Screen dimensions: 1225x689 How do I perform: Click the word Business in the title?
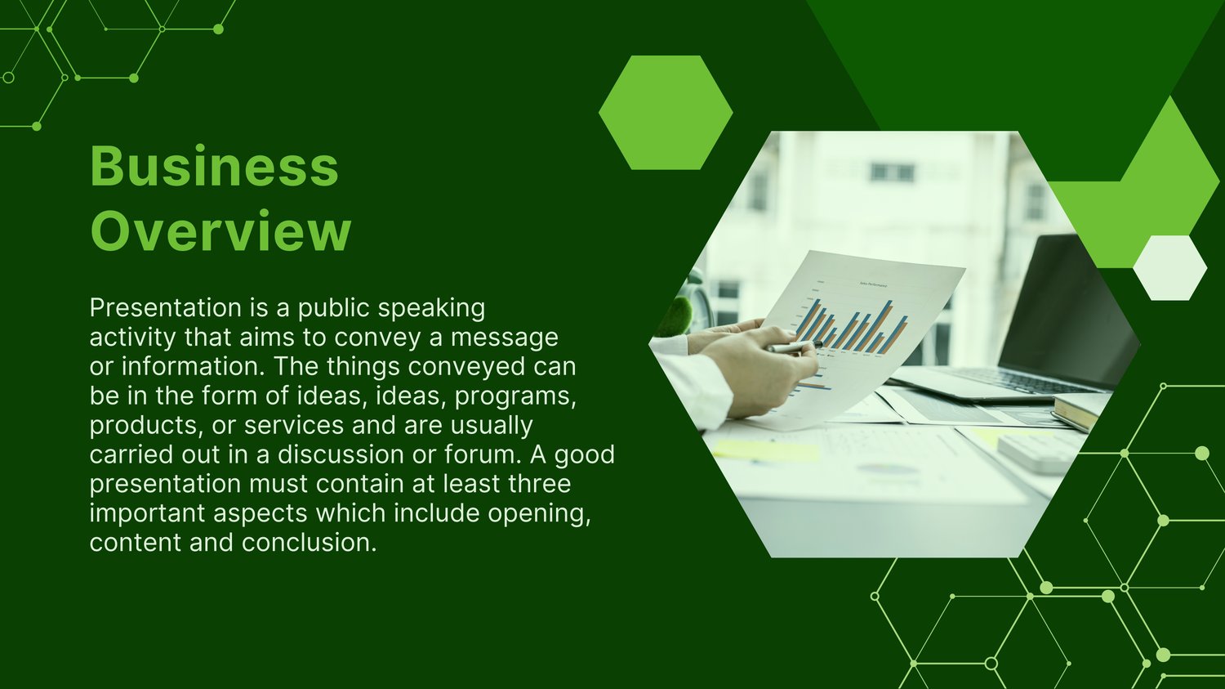point(214,166)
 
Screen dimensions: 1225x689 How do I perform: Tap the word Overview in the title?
point(220,231)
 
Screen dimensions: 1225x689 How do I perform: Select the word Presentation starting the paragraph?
point(165,308)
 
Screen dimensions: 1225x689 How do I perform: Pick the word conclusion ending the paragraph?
point(309,543)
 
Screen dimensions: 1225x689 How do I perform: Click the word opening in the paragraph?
point(539,514)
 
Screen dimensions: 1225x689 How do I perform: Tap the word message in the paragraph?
point(504,338)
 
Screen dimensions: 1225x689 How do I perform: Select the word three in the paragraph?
point(539,484)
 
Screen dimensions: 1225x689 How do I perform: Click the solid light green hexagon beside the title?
point(666,112)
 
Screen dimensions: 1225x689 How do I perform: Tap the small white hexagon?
point(1169,267)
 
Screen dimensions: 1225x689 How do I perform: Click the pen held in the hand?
point(794,347)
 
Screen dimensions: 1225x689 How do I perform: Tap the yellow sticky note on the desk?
point(766,450)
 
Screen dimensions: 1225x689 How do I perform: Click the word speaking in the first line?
point(431,309)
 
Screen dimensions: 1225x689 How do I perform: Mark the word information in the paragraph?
point(194,367)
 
